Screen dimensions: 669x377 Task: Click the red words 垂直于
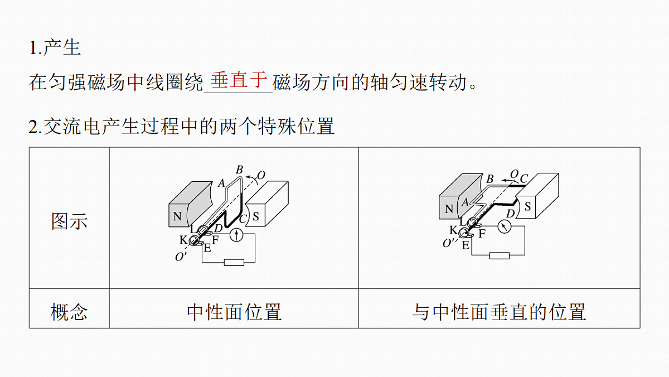pos(239,80)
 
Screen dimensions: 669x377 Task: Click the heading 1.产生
pos(55,47)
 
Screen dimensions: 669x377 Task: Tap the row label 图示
pos(69,221)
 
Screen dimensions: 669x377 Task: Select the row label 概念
pos(69,312)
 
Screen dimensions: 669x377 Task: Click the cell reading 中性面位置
pos(234,312)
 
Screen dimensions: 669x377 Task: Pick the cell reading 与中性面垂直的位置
pos(499,312)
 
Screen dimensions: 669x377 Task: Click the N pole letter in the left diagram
pos(177,216)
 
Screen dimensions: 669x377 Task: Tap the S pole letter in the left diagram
pos(256,216)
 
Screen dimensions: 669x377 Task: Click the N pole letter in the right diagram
pos(449,209)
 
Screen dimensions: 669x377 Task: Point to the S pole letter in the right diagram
pos(528,206)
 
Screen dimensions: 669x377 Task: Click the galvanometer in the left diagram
pos(236,235)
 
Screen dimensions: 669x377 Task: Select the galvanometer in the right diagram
pos(505,226)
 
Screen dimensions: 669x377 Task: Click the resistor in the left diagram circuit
pos(234,263)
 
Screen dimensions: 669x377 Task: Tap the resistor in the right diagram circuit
pos(500,255)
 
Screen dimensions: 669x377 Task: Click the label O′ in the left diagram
pos(181,257)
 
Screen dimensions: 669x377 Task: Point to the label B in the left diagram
pos(239,170)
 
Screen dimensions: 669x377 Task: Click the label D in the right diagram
pos(511,214)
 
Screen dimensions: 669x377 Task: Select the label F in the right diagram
pos(482,233)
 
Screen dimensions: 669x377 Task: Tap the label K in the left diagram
pos(183,240)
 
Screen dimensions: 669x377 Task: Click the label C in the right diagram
pos(524,178)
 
